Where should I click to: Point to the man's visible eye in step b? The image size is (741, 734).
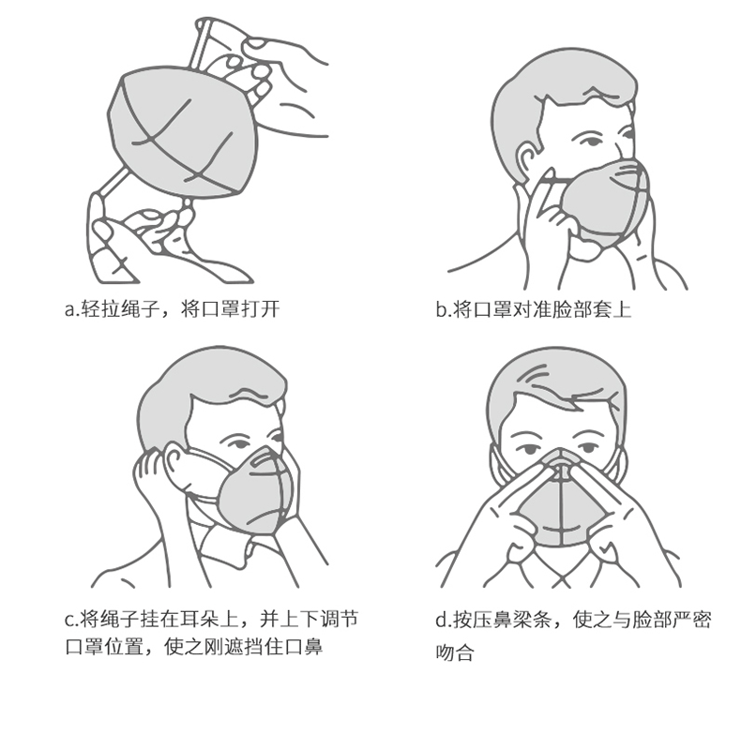[x=589, y=142]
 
